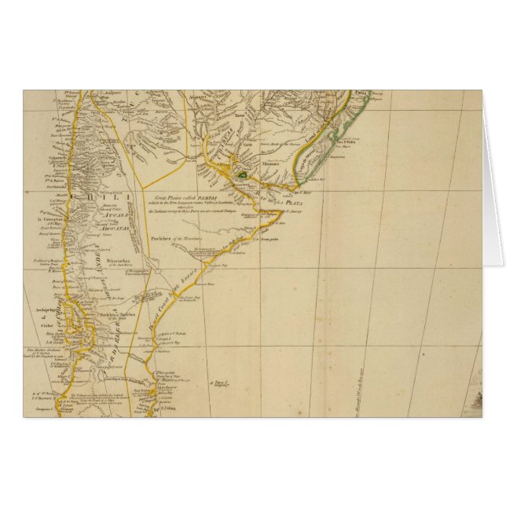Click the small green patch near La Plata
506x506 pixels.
pyautogui.click(x=244, y=174)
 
